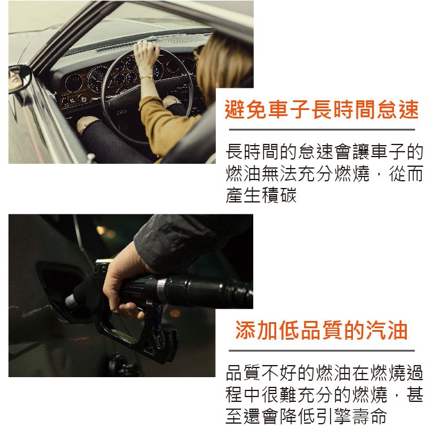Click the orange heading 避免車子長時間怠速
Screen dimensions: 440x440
coord(322,109)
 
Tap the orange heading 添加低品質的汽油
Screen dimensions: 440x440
coord(322,330)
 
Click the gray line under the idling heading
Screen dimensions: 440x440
coord(322,129)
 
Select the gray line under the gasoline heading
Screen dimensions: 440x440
coord(322,351)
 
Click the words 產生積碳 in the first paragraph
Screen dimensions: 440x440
coord(261,195)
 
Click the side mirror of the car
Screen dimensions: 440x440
coord(19,79)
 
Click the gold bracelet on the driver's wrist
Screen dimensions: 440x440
coord(147,77)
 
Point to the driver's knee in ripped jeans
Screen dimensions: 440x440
coord(88,124)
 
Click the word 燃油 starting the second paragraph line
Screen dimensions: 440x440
coord(244,173)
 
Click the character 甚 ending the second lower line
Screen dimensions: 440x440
coord(415,395)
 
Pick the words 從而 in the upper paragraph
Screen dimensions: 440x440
coord(406,173)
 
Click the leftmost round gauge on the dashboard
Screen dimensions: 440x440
coord(74,83)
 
